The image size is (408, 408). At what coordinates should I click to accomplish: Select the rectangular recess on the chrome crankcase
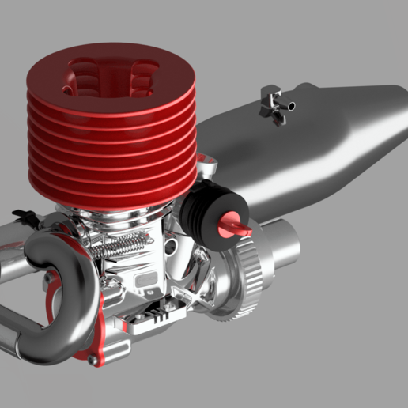tap(145, 279)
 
